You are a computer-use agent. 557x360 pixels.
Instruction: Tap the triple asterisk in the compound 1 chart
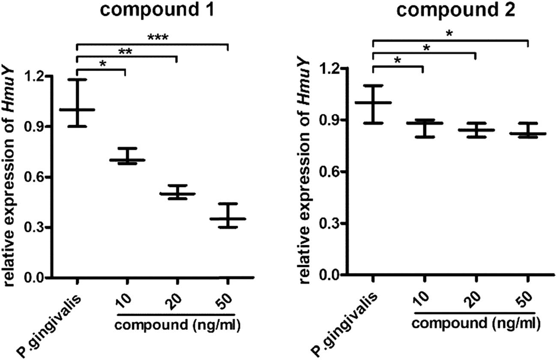(158, 38)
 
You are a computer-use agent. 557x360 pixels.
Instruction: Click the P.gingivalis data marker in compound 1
(77, 109)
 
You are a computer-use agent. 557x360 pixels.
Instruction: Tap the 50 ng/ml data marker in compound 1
(228, 219)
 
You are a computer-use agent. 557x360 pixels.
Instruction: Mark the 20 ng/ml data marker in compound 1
(177, 194)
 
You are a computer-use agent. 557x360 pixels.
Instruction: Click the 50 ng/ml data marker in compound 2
(527, 134)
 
